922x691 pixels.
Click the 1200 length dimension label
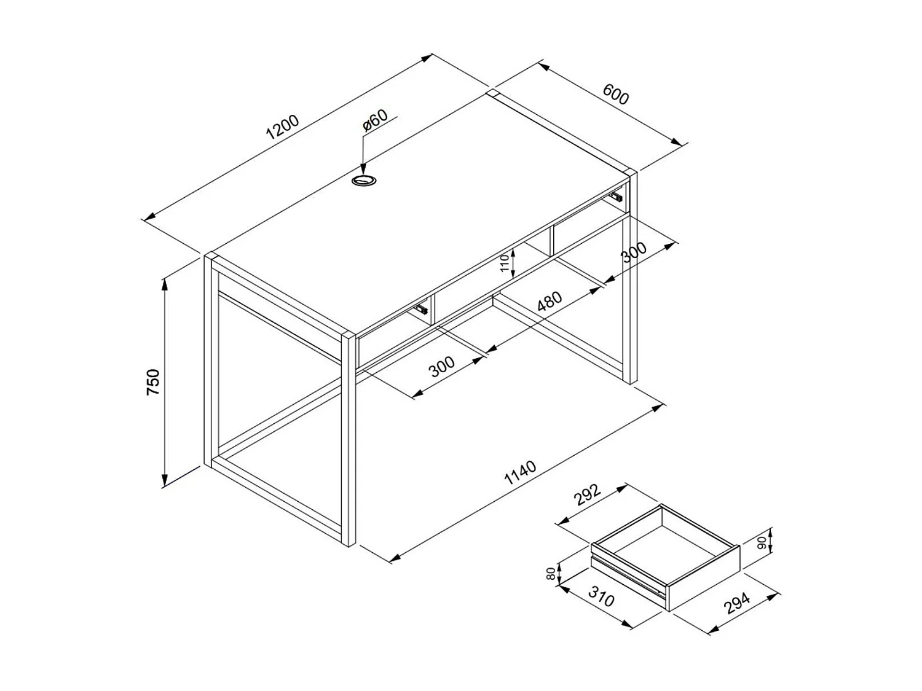pos(282,127)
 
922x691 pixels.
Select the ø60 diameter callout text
pos(376,120)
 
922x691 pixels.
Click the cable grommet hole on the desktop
pos(364,181)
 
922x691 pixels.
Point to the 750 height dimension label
pos(153,381)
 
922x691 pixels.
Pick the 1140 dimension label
pos(520,472)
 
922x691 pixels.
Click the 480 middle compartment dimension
pos(550,301)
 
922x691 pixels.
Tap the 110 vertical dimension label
pos(504,263)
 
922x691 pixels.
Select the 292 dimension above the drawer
pos(586,495)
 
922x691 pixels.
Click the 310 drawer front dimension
pos(601,596)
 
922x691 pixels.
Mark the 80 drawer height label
pos(551,574)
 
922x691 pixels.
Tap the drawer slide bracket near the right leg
pos(616,197)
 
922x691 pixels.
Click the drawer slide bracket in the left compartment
pos(421,309)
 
